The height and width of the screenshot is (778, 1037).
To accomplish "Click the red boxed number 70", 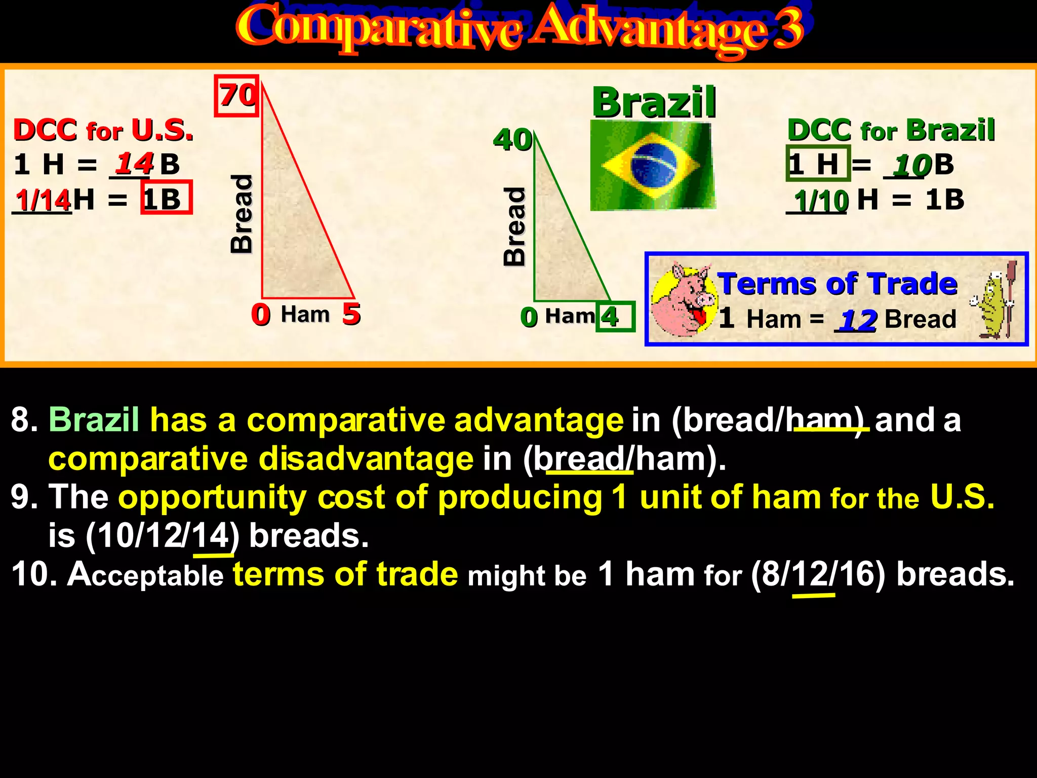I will [236, 96].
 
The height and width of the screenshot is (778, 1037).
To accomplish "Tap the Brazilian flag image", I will [653, 166].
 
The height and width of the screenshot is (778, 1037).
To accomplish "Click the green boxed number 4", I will [614, 317].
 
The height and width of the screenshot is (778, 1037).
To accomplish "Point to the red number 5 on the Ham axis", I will [351, 314].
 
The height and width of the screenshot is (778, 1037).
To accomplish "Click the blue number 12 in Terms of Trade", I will [858, 320].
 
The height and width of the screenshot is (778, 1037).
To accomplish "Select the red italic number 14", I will [134, 163].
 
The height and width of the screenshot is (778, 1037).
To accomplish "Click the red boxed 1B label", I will [167, 198].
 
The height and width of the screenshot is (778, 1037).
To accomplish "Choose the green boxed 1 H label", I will [817, 164].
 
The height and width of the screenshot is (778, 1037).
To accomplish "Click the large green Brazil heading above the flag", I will [654, 102].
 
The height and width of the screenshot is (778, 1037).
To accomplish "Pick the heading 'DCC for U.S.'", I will [103, 130].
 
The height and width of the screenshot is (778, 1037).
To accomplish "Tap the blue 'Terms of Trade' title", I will [837, 283].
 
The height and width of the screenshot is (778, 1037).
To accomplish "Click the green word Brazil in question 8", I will [94, 420].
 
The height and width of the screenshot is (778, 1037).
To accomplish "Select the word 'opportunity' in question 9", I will [212, 497].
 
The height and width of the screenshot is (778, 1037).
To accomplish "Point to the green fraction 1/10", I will [821, 201].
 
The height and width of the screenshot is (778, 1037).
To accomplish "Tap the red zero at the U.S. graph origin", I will [261, 315].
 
